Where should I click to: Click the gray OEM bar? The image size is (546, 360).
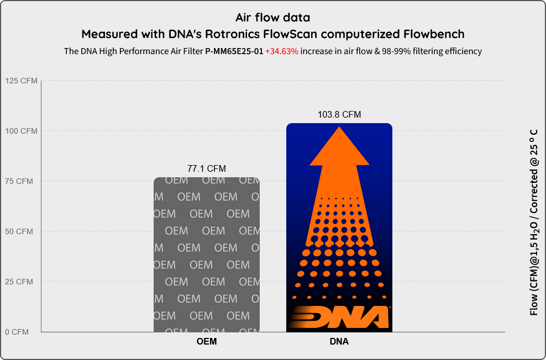coord(207,255)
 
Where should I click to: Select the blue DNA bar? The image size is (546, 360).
coord(339,227)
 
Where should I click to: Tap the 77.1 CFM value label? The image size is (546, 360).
coord(207,169)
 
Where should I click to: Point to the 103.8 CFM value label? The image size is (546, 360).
coord(339,114)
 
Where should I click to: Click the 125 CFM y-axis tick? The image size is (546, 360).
coord(21,81)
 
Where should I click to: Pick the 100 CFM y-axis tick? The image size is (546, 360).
coord(21,131)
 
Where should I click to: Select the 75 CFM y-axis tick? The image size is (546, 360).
coord(19,181)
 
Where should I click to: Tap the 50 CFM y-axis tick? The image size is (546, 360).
coord(19,231)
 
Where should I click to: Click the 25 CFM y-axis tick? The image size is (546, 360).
coord(19,282)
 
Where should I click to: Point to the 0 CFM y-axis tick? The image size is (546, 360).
coord(17,332)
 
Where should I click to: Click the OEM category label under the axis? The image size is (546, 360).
coord(207,342)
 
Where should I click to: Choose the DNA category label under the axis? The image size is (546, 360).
coord(339,342)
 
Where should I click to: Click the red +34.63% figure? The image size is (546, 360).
coord(282,51)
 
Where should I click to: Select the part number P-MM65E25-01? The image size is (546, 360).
coord(234,51)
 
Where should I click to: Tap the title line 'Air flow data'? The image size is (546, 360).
coord(272,17)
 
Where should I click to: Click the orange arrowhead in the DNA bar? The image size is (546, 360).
coord(339,146)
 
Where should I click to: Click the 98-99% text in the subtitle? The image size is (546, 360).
coord(396,51)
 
